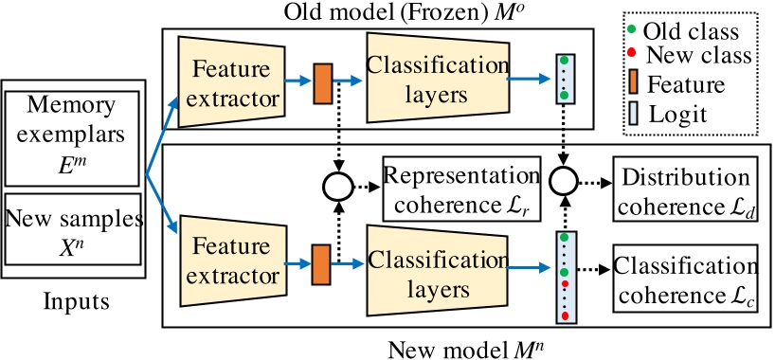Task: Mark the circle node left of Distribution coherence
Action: pos(565,180)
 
